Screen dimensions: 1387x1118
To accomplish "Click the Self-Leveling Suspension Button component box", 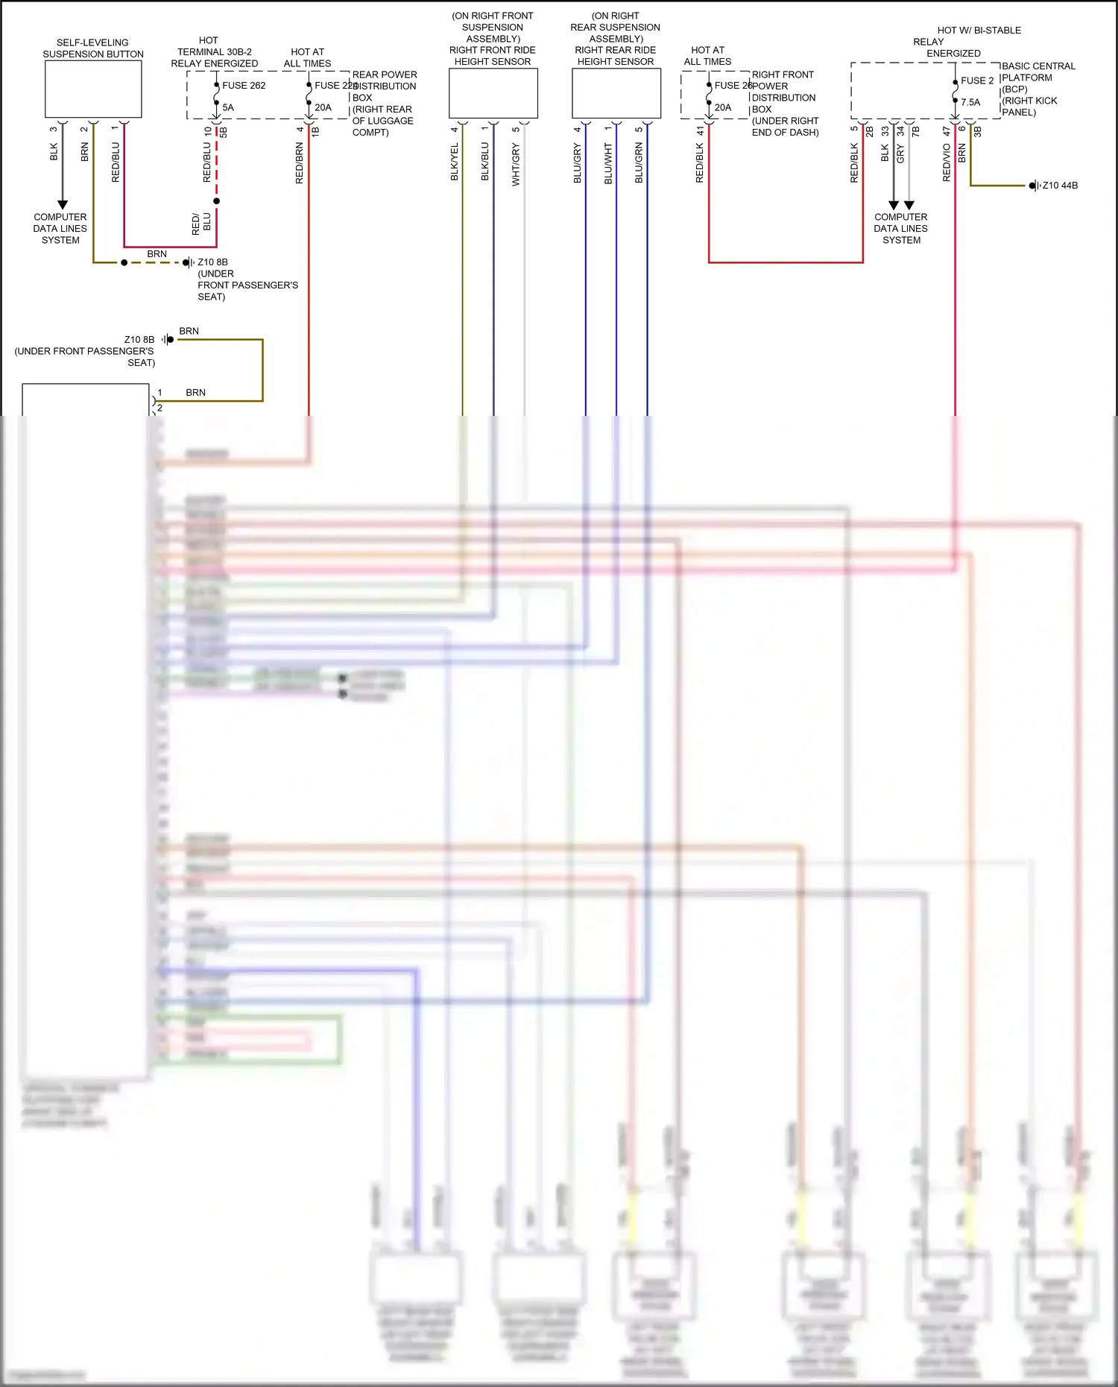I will point(93,89).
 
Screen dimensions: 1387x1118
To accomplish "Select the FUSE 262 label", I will point(244,86).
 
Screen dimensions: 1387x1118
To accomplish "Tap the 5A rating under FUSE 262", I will point(228,107).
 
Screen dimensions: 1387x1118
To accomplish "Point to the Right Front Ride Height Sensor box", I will point(493,93).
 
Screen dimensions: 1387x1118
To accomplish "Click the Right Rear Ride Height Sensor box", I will point(616,93).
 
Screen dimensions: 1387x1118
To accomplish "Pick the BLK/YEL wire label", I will point(455,162).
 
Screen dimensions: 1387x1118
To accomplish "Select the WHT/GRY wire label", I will point(516,165).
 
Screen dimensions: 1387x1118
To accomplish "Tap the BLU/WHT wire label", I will point(608,164).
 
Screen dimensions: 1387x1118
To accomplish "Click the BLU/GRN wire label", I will point(639,164).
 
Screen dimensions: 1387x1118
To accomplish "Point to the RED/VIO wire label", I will point(947,162).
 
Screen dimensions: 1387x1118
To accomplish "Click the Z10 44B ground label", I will point(1059,186).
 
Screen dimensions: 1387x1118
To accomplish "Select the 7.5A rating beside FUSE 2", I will point(970,102).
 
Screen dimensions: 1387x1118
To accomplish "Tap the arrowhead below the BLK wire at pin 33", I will point(893,205).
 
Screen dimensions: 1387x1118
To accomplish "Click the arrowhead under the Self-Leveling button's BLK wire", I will point(63,204).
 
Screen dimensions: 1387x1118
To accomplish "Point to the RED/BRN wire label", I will point(300,163).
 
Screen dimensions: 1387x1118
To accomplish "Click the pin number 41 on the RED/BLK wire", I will point(700,130).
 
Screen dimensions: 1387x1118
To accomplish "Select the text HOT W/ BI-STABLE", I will point(979,31).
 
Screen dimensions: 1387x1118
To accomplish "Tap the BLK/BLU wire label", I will point(485,162).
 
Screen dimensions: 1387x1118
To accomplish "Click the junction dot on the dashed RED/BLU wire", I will point(217,201).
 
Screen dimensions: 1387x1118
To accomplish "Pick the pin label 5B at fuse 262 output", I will point(224,132).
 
